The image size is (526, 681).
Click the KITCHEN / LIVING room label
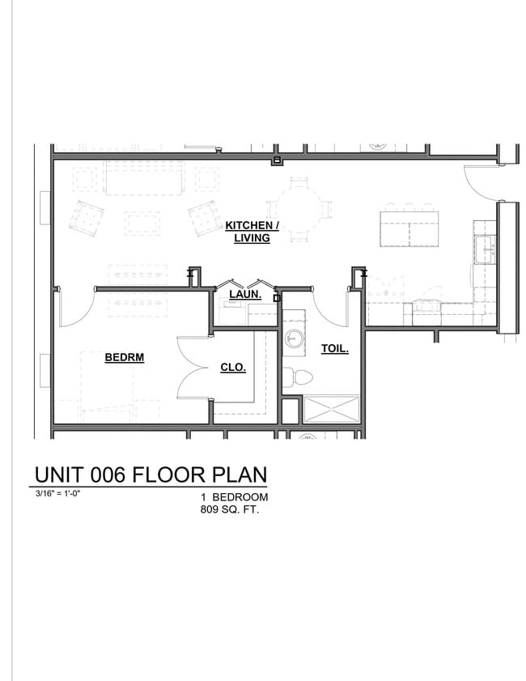(x=252, y=231)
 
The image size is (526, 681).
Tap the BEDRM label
(x=124, y=357)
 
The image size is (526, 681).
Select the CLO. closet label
(x=233, y=367)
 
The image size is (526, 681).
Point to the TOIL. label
(x=335, y=350)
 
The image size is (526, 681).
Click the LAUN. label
(x=244, y=295)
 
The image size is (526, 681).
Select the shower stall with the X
(x=331, y=409)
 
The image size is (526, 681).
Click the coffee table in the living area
(x=142, y=223)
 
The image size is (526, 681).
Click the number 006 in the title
(x=105, y=475)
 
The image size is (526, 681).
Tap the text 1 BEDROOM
(x=235, y=497)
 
